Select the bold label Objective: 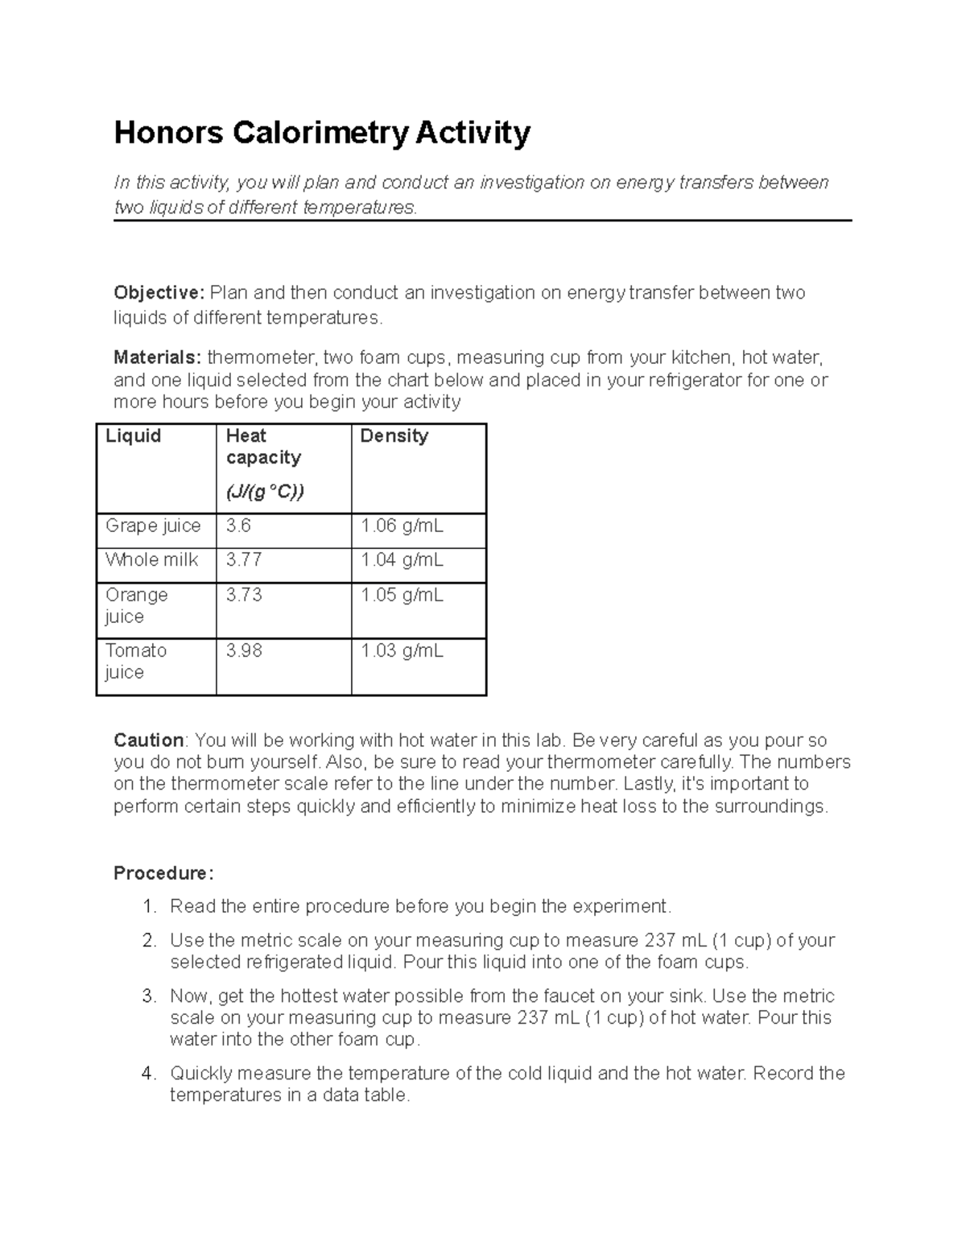click(x=159, y=292)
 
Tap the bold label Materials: click(x=157, y=357)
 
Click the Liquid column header click(x=133, y=436)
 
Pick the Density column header click(x=394, y=436)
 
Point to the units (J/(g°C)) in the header click(x=265, y=492)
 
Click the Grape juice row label click(x=153, y=526)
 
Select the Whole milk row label click(x=151, y=560)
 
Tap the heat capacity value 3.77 click(x=244, y=560)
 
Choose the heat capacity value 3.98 click(x=244, y=650)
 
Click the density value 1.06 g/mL click(x=402, y=526)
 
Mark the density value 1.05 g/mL click(x=402, y=596)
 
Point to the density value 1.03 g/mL click(x=402, y=650)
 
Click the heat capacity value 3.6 click(x=238, y=526)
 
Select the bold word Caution click(x=149, y=741)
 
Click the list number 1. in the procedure click(x=149, y=907)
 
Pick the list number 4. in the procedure click(x=149, y=1074)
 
